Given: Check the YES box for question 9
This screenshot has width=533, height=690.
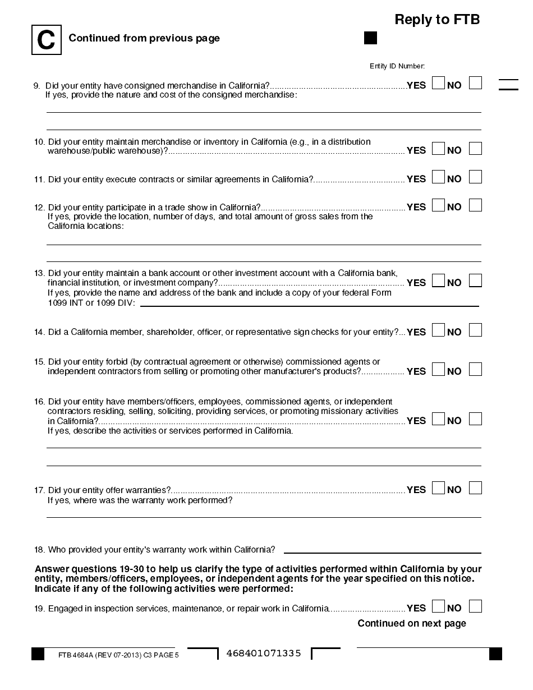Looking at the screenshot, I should click(x=438, y=83).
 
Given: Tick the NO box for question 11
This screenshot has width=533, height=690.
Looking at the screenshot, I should click(x=475, y=177).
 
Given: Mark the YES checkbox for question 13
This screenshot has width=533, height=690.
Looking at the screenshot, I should click(x=438, y=280).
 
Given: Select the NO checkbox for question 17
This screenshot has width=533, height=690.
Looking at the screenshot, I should click(x=475, y=487).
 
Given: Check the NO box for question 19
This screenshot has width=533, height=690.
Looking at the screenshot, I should click(x=475, y=606).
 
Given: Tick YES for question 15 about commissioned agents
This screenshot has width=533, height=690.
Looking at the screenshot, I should click(x=438, y=369).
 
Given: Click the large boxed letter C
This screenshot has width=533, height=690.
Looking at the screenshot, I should click(x=46, y=40).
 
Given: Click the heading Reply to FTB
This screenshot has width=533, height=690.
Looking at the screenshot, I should click(x=437, y=20).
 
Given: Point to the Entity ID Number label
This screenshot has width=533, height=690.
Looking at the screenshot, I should click(x=397, y=66).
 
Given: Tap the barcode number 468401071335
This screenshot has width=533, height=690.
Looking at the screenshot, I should click(x=264, y=654).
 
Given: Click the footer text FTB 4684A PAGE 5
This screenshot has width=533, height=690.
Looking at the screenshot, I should click(x=118, y=655).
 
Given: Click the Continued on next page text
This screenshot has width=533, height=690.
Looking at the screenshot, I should click(x=412, y=623).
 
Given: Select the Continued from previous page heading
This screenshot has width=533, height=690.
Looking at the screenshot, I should click(x=144, y=38).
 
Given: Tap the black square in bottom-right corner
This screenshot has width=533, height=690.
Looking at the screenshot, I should click(x=495, y=654).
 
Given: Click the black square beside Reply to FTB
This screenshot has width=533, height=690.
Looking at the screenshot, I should click(x=371, y=38).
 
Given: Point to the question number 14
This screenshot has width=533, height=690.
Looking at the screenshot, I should click(x=39, y=332).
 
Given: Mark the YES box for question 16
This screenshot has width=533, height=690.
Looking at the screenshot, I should click(x=438, y=418).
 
